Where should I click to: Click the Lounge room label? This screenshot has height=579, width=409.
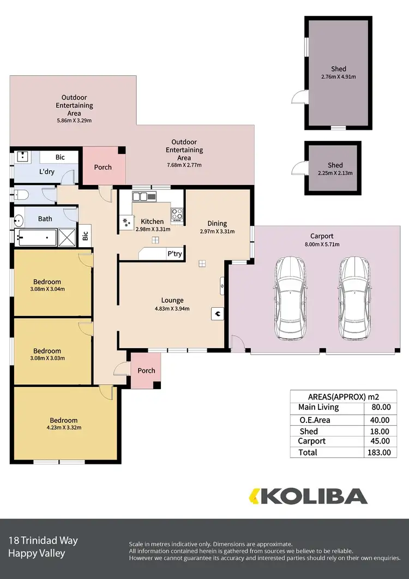[x=172, y=300]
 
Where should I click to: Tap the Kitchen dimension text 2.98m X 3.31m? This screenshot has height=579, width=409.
[x=153, y=229]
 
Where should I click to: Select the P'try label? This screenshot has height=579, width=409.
[x=175, y=254]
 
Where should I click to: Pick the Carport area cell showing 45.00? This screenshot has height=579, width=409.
[x=380, y=441]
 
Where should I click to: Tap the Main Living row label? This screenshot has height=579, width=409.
[x=318, y=407]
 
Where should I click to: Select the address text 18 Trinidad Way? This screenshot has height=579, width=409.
[x=43, y=541]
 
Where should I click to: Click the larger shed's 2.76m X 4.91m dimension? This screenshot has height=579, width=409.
[x=338, y=77]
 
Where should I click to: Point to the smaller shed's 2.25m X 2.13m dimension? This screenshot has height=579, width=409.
[x=335, y=173]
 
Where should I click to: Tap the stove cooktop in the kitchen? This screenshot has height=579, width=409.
[x=178, y=214]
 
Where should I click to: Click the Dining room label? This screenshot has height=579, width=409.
[x=216, y=223]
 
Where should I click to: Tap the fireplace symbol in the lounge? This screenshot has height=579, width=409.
[x=217, y=313]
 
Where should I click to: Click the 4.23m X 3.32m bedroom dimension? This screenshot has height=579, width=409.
[x=64, y=427]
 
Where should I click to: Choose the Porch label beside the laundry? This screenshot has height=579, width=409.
[x=103, y=167]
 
